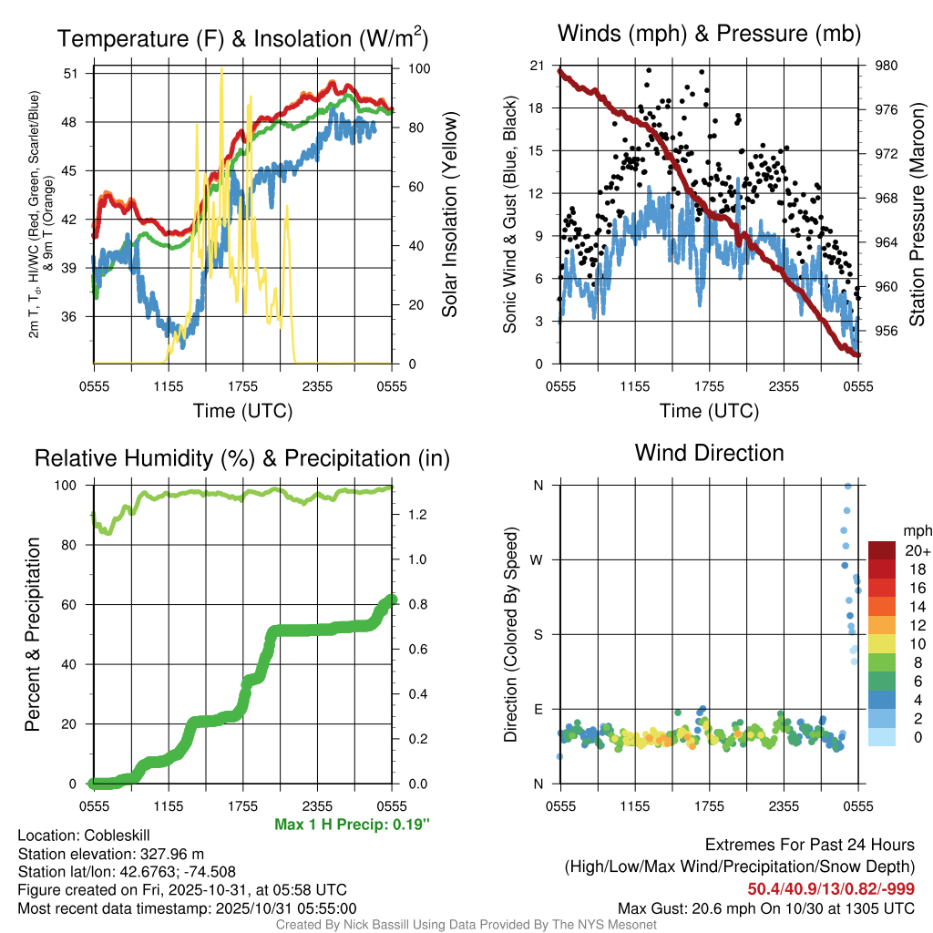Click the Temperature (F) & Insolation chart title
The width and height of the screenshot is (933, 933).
(242, 38)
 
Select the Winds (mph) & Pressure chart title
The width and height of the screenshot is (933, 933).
(709, 34)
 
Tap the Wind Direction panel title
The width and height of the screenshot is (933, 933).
(709, 452)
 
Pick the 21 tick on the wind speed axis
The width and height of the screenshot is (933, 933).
(537, 66)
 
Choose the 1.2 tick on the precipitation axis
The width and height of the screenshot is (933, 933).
(416, 515)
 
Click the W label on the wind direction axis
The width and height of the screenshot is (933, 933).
(538, 559)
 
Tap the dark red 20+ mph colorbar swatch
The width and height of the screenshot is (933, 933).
(882, 550)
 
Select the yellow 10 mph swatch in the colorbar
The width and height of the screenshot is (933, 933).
(882, 643)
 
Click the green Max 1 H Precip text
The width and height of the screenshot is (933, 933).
(352, 825)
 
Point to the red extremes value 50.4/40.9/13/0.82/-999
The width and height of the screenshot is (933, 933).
(831, 888)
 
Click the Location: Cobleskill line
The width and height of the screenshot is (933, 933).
(84, 835)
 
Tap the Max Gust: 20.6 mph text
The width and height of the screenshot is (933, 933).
(766, 907)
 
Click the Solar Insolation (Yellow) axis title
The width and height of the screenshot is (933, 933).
(449, 215)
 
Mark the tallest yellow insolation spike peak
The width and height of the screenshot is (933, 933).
(221, 70)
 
